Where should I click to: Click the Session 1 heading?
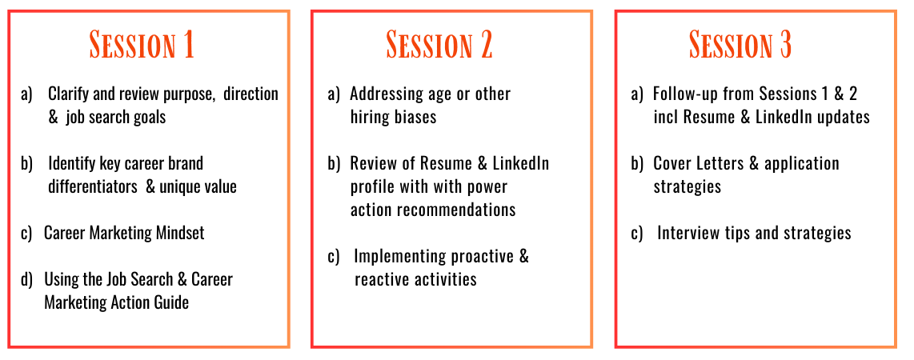[x=142, y=44]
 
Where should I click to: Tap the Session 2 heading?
[x=439, y=44]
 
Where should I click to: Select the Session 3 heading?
[x=740, y=44]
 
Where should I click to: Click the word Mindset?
[x=180, y=233]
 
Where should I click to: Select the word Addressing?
[x=383, y=94]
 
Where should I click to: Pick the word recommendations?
[x=456, y=210]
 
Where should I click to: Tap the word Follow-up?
[x=683, y=94]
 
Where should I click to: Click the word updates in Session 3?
[x=847, y=117]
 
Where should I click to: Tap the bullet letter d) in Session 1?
[x=27, y=280]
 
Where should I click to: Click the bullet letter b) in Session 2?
[x=334, y=163]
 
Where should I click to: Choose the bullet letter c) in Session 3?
[x=637, y=234]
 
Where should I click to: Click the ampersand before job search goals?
[x=53, y=117]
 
